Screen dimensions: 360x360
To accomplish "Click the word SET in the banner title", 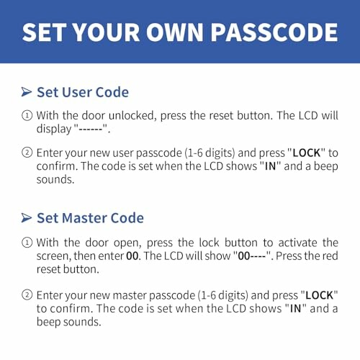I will [x=51, y=32].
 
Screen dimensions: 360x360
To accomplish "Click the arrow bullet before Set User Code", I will [x=26, y=92].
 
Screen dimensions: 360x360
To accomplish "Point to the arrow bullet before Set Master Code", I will [x=26, y=217].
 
